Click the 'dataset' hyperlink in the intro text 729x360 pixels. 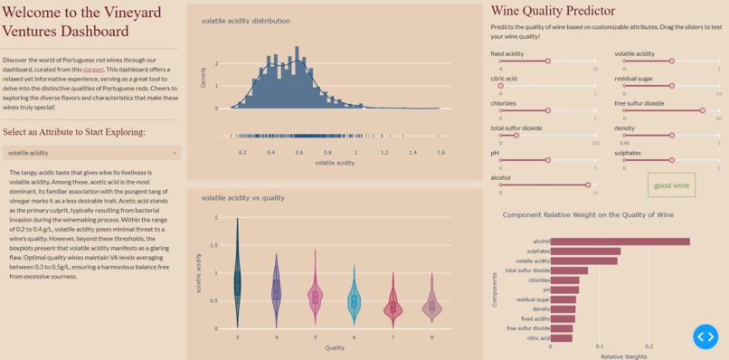[93, 70]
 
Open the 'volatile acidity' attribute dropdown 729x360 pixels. [91, 153]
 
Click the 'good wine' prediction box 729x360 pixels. [672, 185]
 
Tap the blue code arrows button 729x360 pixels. [705, 336]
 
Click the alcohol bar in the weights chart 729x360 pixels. [620, 242]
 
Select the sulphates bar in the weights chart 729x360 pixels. [585, 251]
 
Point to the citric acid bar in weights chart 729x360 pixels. [561, 337]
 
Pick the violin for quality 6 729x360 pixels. [355, 301]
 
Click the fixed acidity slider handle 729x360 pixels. [547, 62]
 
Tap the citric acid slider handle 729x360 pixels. [501, 86]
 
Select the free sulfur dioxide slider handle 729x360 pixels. [702, 110]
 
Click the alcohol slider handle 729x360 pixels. [588, 185]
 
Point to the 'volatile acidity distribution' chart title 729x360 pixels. [246, 20]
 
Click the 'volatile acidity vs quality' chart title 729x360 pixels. [242, 197]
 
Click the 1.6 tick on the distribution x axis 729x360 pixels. [440, 153]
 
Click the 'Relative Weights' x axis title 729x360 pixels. [623, 356]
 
